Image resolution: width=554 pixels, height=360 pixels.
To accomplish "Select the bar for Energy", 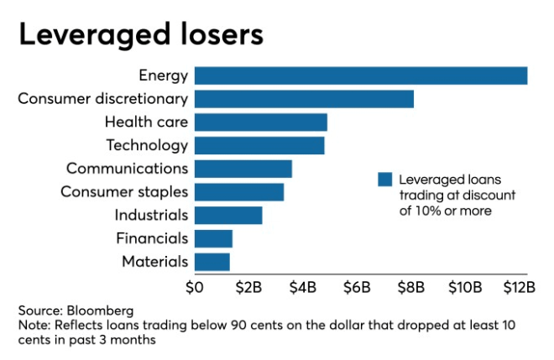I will pos(361,76).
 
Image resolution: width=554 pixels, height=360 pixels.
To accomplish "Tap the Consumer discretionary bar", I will pos(304,99).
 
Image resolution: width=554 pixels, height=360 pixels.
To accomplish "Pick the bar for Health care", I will pos(260,123).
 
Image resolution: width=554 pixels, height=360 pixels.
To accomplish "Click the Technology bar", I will pos(259,145).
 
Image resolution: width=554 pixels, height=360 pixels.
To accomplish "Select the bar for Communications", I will pos(243,169).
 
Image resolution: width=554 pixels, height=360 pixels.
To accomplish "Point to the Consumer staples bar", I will pos(238,192).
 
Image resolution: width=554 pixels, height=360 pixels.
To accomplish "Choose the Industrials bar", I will pos(227,215).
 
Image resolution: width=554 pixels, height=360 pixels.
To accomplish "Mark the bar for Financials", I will pos(213,238).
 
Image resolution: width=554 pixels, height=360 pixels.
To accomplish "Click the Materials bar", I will pos(212,262).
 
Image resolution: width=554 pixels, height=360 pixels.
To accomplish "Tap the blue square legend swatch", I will pos(385,180).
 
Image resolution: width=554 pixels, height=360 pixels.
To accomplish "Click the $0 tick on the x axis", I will pos(194,288).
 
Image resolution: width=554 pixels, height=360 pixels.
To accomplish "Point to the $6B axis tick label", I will pos(357,288).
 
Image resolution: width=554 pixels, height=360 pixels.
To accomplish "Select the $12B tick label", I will pos(519,288).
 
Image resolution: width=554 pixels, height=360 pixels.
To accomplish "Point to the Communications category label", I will pos(127,169).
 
